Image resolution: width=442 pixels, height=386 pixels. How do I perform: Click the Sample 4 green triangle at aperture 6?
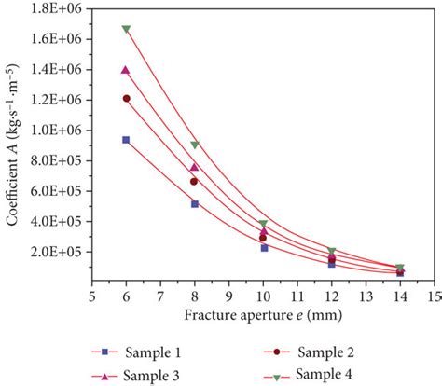click(x=126, y=29)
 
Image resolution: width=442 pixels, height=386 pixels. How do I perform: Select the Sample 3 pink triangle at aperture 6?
click(x=126, y=70)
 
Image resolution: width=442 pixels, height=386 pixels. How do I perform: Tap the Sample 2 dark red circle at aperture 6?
click(x=126, y=98)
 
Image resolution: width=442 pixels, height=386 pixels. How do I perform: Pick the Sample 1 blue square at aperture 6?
click(x=126, y=139)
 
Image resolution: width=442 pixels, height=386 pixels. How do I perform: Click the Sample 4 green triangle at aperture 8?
click(x=194, y=145)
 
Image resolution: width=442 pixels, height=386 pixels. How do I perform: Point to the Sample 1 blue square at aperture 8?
click(x=194, y=203)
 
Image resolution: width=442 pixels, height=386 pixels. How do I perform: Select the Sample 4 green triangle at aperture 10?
click(x=263, y=224)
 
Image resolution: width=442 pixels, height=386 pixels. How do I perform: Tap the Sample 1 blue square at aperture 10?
click(x=263, y=247)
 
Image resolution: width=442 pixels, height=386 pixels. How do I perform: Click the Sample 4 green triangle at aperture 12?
click(x=332, y=251)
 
